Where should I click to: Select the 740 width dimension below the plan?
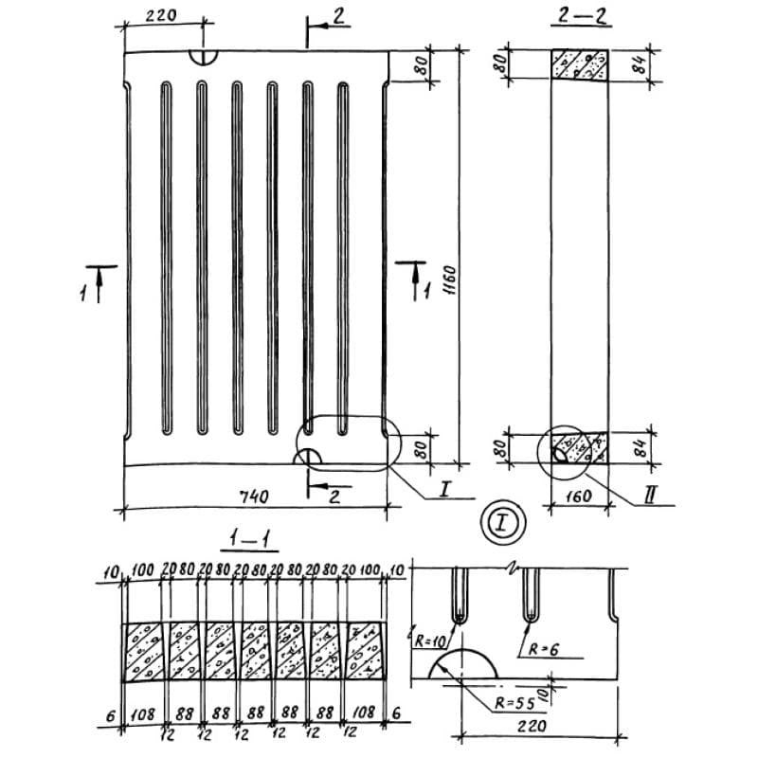(x=255, y=496)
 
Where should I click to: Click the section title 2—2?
(x=577, y=16)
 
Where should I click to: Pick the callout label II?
(x=649, y=495)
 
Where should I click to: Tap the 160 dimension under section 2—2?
(x=579, y=496)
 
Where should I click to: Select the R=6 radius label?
(x=542, y=648)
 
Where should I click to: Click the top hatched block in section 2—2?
(x=580, y=64)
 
